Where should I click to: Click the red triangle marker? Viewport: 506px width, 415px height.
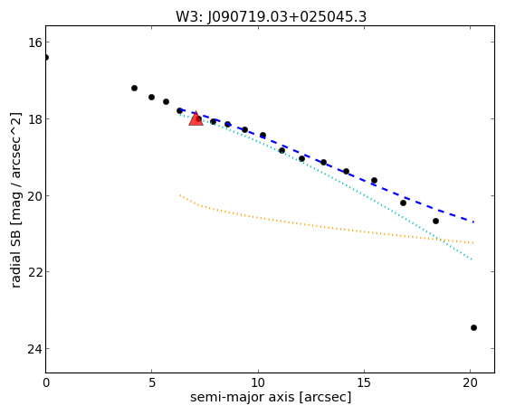coord(196,119)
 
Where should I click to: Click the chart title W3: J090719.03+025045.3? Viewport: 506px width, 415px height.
coord(271,16)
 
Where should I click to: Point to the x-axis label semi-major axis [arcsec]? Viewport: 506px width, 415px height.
coord(271,397)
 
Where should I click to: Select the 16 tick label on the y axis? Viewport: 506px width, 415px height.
coord(34,42)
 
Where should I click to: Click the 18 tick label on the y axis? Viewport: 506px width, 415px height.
coord(34,119)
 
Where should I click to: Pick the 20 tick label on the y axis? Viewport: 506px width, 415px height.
coord(34,195)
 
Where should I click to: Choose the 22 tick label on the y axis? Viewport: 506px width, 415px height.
coord(34,272)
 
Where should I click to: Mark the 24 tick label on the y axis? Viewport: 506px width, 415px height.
coord(34,349)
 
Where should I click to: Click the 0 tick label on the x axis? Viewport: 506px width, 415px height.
coord(46,383)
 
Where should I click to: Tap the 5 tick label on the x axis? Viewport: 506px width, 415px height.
coord(152,383)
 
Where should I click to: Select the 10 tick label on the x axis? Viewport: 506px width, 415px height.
coord(258,383)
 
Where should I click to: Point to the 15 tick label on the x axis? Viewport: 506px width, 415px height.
coord(364,383)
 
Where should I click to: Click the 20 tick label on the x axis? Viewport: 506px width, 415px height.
coord(470,383)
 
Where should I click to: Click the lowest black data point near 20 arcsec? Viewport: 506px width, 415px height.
coord(473,327)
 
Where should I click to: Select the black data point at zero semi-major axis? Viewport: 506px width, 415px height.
coord(46,57)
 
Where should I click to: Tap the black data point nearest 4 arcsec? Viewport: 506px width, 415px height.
coord(134,88)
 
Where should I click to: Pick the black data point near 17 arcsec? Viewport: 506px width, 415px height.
coord(403,203)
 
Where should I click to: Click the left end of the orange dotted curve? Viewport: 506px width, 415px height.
coord(180,194)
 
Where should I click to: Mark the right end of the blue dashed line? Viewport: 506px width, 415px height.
coord(473,222)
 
